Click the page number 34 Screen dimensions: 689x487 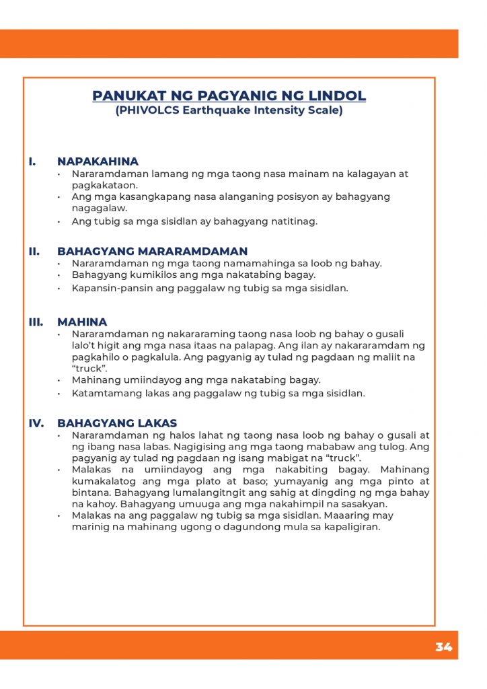pyautogui.click(x=443, y=647)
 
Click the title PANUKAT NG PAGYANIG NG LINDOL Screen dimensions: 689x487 pyautogui.click(x=229, y=96)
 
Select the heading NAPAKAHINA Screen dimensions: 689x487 pyautogui.click(x=98, y=161)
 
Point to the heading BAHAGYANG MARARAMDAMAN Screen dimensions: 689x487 pyautogui.click(x=152, y=252)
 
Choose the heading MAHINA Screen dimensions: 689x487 pyautogui.click(x=82, y=322)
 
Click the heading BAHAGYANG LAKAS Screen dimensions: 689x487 pyautogui.click(x=117, y=423)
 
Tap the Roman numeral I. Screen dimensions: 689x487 pyautogui.click(x=32, y=161)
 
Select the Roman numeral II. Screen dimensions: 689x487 pyautogui.click(x=34, y=252)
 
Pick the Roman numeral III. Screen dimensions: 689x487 pyautogui.click(x=36, y=322)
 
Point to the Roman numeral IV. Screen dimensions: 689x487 pyautogui.click(x=36, y=423)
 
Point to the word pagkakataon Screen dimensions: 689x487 pyautogui.click(x=104, y=185)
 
